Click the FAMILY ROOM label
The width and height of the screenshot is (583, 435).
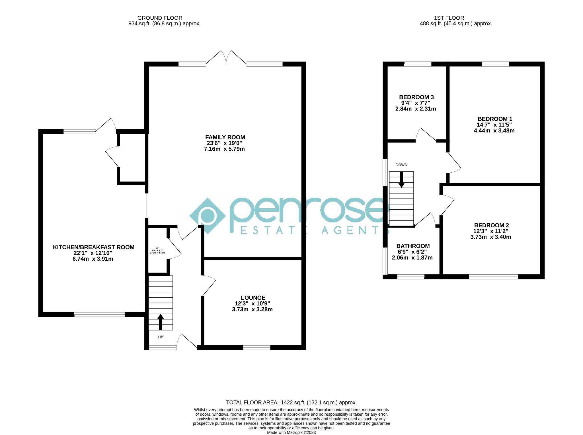click(x=225, y=137)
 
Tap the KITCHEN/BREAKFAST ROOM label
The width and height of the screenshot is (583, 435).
click(x=93, y=247)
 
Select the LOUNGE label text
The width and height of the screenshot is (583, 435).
click(x=253, y=298)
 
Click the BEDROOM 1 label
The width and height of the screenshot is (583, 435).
click(x=494, y=119)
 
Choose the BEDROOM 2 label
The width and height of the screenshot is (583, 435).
click(x=491, y=225)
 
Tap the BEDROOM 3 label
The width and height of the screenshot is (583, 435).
click(x=416, y=97)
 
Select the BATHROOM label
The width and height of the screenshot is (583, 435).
click(x=413, y=246)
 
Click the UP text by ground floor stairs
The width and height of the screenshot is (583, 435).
click(x=161, y=337)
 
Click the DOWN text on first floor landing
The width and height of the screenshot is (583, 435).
click(x=401, y=165)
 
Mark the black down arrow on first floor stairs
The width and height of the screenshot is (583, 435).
click(x=401, y=180)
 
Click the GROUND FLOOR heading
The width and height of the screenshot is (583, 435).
click(x=160, y=18)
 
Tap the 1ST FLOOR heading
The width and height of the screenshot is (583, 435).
click(x=449, y=18)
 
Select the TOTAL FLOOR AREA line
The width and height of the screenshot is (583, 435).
click(x=291, y=403)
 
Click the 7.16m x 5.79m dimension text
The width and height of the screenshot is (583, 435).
click(x=224, y=149)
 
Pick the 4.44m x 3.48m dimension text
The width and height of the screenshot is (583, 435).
click(x=494, y=131)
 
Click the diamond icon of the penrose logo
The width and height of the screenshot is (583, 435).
click(x=208, y=216)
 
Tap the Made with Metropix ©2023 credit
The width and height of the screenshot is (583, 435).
click(x=291, y=432)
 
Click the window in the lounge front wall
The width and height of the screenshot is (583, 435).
click(x=256, y=348)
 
